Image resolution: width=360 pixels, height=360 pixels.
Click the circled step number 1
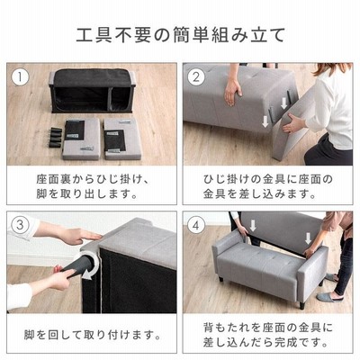point(20,77)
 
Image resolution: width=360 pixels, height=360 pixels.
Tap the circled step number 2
point(196,77)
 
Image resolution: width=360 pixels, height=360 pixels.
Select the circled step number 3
point(20,225)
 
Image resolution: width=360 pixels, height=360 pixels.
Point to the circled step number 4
point(196,225)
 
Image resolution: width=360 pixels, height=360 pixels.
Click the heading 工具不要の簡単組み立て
point(180,35)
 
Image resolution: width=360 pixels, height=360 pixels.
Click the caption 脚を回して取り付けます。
point(93,335)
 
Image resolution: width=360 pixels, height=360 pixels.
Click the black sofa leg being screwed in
point(76,269)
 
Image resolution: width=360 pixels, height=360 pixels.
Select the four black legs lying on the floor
point(56,138)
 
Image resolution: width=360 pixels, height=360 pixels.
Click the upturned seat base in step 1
point(93,91)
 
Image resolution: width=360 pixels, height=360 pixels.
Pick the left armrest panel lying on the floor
point(82,139)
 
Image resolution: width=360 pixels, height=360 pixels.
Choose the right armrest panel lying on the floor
point(123,139)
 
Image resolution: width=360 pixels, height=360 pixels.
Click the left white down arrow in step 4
point(253,225)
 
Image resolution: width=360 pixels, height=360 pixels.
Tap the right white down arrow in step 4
point(308,238)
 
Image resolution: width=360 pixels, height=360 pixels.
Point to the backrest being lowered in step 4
point(281,231)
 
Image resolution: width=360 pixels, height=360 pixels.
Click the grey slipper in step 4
point(326,297)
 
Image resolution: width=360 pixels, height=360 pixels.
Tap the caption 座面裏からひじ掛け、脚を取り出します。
point(92,186)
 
